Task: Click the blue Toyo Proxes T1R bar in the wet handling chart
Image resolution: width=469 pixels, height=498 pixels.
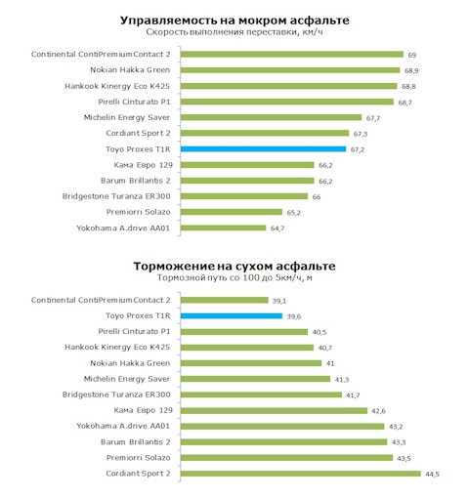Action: pos(263,149)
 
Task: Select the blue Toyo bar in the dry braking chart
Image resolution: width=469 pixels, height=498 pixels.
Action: pos(232,315)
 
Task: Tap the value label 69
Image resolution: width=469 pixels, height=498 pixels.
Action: pos(412,55)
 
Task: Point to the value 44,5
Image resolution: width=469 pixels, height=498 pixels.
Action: pos(432,475)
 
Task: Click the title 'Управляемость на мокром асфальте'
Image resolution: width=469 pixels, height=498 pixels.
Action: pos(234,21)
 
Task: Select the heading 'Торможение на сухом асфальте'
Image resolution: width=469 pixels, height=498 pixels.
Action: pos(234,266)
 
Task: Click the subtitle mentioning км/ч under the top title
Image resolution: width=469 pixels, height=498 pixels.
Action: pos(234,32)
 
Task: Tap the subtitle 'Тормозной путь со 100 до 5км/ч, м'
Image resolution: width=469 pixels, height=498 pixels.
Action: pos(234,277)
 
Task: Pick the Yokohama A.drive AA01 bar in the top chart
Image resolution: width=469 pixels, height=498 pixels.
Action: pos(223,228)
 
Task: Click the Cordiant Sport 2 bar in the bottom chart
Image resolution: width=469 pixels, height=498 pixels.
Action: pos(301,474)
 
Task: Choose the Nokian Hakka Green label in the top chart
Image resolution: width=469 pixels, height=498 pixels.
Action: pos(130,70)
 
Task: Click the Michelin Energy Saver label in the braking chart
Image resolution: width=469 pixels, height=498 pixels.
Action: pos(127,379)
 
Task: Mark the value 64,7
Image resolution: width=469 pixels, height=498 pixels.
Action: pos(277,228)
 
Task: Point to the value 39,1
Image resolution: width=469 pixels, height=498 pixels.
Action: pos(279,301)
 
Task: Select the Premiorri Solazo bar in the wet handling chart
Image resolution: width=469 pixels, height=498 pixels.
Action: pos(232,212)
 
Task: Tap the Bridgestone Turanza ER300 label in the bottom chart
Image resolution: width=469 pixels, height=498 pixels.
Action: pos(116,394)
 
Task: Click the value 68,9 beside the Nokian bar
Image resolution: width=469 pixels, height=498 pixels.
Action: pos(411,70)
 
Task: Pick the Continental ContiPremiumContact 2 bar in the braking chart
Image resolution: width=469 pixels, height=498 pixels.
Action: pos(225,300)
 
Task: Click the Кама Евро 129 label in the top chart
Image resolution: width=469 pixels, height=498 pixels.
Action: pos(143,165)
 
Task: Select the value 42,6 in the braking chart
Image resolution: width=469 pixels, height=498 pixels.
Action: pos(378,411)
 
